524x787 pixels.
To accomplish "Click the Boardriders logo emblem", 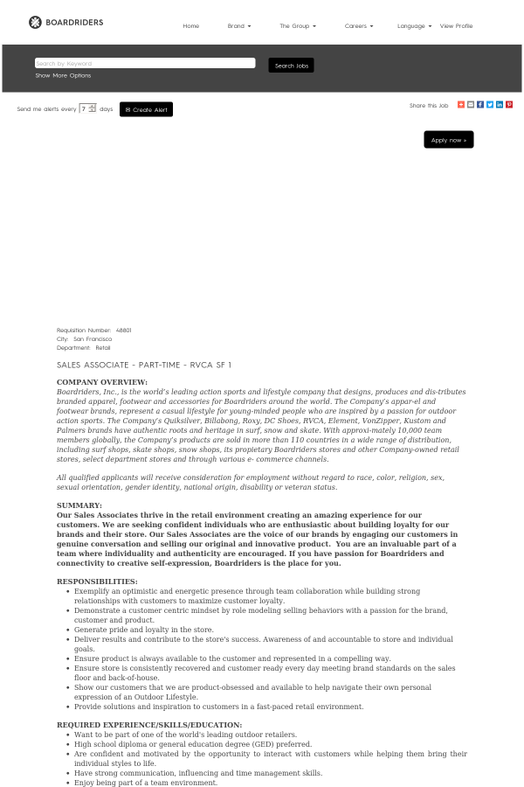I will pyautogui.click(x=35, y=22).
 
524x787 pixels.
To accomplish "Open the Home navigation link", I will pyautogui.click(x=190, y=26).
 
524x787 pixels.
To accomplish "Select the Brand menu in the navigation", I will pyautogui.click(x=238, y=26).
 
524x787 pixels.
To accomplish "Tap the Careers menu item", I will pyautogui.click(x=358, y=26).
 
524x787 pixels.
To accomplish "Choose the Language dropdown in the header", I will pyautogui.click(x=414, y=26).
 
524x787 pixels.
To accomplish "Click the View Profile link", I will pyautogui.click(x=456, y=26).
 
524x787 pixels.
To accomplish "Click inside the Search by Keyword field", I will pyautogui.click(x=144, y=63).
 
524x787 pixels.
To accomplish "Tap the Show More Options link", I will pyautogui.click(x=63, y=75).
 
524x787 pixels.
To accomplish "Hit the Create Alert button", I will pyautogui.click(x=146, y=109).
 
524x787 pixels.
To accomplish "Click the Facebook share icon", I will pyautogui.click(x=480, y=105).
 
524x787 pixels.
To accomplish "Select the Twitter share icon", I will pyautogui.click(x=490, y=105).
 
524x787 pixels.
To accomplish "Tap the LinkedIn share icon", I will pyautogui.click(x=500, y=105).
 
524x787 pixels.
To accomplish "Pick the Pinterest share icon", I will pyautogui.click(x=509, y=105).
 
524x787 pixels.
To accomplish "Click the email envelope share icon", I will pyautogui.click(x=471, y=105).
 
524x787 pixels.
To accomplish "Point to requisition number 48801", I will pyautogui.click(x=123, y=330).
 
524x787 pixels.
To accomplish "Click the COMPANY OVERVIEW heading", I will pyautogui.click(x=102, y=382).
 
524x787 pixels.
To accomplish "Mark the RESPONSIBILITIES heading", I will pyautogui.click(x=97, y=582).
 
